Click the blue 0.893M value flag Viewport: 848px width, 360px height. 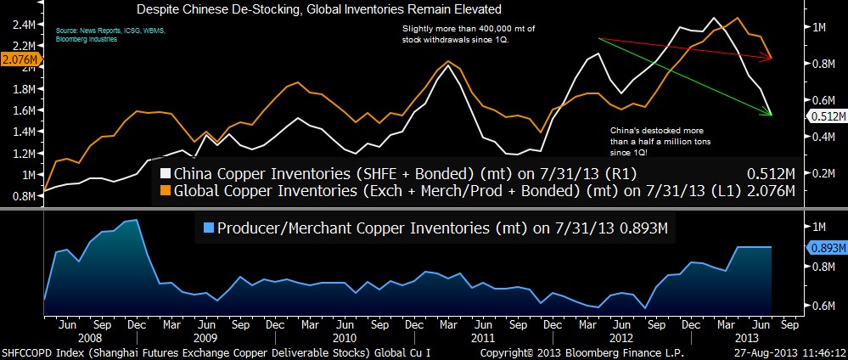point(824,247)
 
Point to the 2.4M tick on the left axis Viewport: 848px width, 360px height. point(23,25)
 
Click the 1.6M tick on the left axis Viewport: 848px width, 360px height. point(23,110)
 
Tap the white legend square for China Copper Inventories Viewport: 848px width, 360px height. point(166,174)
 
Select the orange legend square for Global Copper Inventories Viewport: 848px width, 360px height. point(166,191)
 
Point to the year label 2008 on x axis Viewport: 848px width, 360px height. point(87,337)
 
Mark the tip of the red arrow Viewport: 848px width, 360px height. point(772,58)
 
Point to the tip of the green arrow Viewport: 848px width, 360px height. point(772,115)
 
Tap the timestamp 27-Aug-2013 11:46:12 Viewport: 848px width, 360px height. point(789,352)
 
